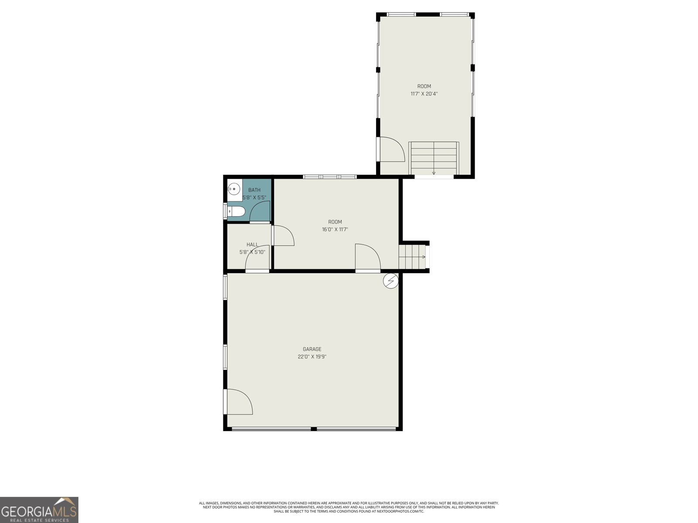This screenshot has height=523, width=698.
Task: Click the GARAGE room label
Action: [x=312, y=349]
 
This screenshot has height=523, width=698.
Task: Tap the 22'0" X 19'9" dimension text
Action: [x=312, y=357]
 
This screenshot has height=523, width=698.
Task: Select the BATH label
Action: [x=254, y=190]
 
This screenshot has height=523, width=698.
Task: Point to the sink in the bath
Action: [x=234, y=190]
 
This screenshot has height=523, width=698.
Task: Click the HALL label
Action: [x=252, y=245]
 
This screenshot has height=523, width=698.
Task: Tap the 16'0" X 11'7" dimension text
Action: [x=335, y=229]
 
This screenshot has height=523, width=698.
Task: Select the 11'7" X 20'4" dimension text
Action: [x=424, y=94]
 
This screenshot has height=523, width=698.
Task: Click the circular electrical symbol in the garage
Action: [x=391, y=281]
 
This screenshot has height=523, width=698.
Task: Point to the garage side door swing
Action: [x=239, y=402]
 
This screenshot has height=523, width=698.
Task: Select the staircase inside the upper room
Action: [x=434, y=158]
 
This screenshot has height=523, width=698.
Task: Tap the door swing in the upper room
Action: [x=392, y=150]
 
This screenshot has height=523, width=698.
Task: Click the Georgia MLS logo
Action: [x=39, y=510]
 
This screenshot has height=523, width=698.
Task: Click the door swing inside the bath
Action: [x=260, y=213]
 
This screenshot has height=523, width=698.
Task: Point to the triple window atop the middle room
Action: [x=330, y=177]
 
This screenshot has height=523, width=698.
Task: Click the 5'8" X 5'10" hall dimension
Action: [x=252, y=252]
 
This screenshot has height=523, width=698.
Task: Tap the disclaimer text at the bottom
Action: [x=349, y=507]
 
